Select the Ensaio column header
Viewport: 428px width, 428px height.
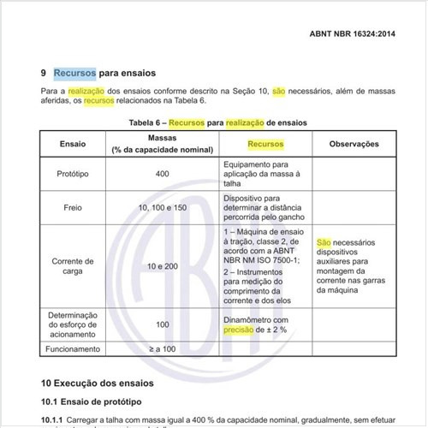[x=73, y=144]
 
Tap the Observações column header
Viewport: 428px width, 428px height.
[x=354, y=144]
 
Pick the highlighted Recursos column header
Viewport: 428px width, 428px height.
[x=265, y=144]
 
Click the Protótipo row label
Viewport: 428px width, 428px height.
[x=73, y=174]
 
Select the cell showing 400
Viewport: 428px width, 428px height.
[x=163, y=174]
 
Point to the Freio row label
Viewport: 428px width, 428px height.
[x=73, y=207]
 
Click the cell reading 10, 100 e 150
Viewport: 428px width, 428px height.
[x=163, y=207]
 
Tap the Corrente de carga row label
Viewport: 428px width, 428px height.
[x=73, y=267]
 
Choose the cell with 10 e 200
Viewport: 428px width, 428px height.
[x=163, y=267]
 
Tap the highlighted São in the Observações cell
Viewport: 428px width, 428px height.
[x=324, y=243]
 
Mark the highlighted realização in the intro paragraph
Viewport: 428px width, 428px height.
[x=86, y=91]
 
